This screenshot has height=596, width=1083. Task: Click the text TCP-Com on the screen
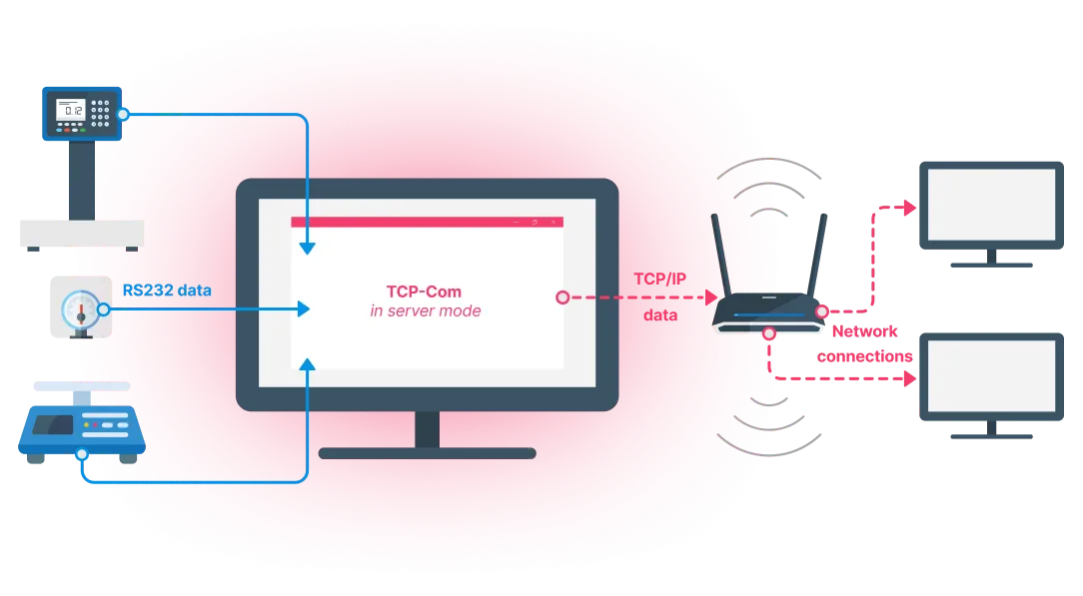426,293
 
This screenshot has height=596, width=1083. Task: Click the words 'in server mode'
426,311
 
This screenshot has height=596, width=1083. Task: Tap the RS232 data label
166,291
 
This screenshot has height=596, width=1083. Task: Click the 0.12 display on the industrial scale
72,109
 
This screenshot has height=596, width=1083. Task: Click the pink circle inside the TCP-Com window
562,298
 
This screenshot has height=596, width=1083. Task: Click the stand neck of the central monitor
427,429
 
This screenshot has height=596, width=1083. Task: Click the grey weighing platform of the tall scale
80,233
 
